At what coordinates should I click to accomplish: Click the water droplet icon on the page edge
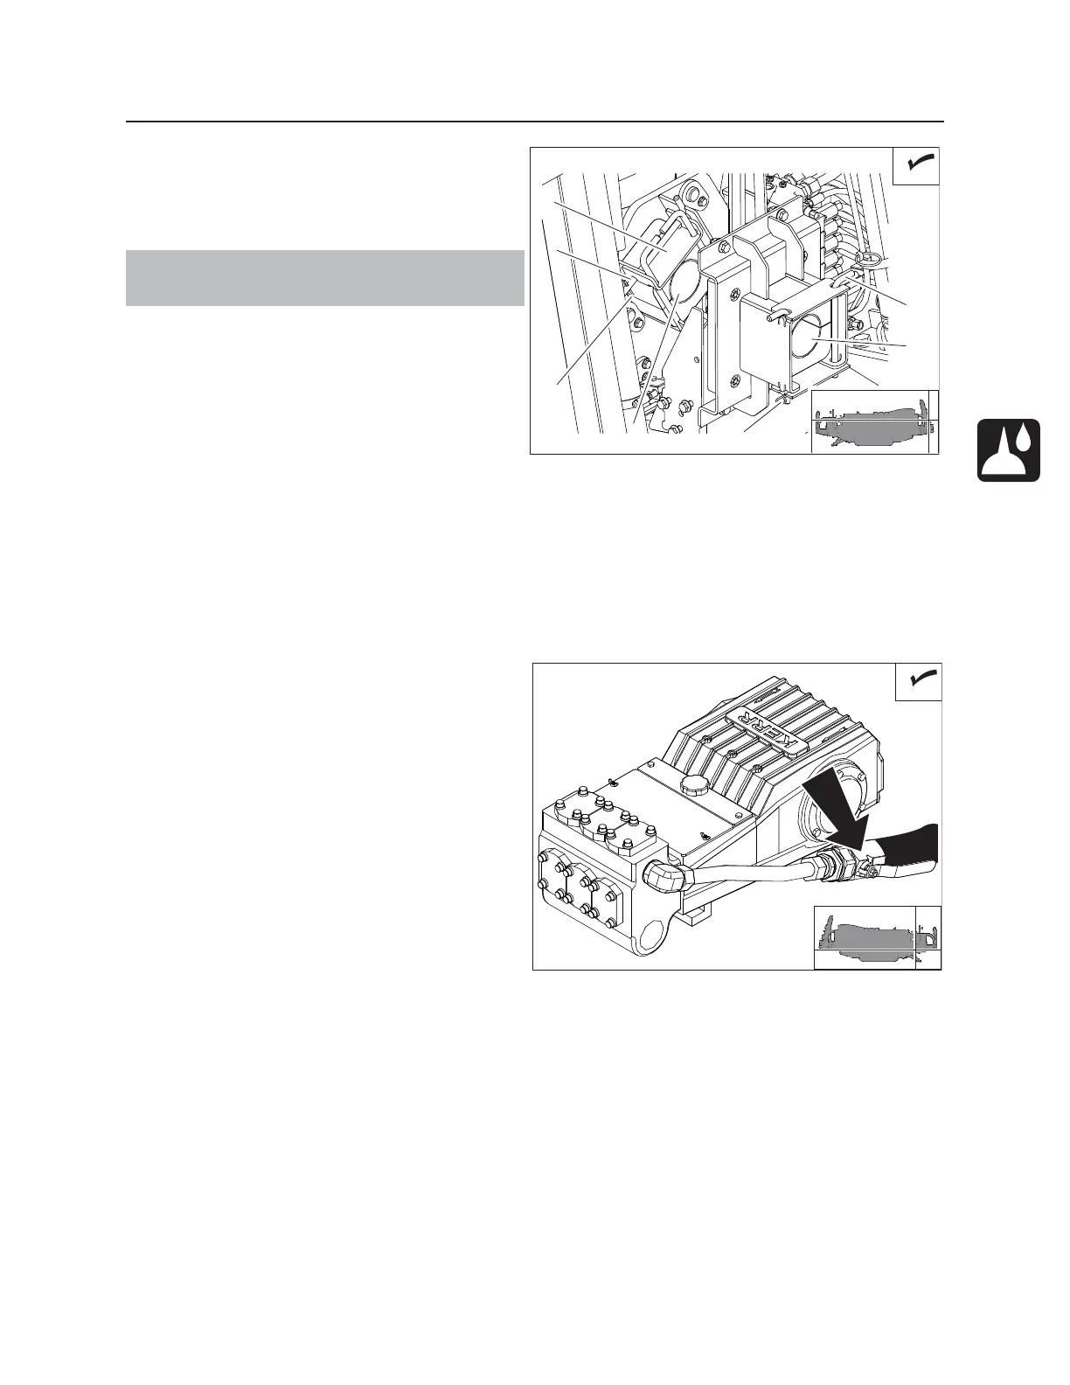(1009, 450)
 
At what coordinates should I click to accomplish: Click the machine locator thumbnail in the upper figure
(874, 421)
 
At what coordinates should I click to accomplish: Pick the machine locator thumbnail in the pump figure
(877, 936)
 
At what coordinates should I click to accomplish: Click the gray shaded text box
(324, 278)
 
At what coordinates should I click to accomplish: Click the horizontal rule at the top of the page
(535, 122)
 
